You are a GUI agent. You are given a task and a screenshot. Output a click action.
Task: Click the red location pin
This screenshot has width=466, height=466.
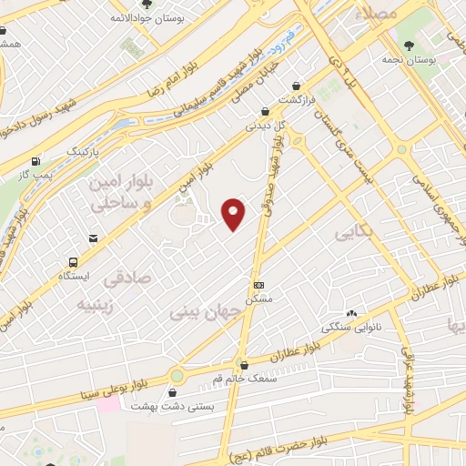[x=234, y=213]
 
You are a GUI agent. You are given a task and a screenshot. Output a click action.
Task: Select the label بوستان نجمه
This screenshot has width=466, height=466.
[x=435, y=59]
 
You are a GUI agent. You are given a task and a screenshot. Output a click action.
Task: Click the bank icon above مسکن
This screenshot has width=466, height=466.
[x=258, y=284]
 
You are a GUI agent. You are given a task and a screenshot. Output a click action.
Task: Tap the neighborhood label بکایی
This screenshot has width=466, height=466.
[x=354, y=233]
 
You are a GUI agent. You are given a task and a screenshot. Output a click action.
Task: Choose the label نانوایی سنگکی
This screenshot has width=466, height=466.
[x=349, y=326]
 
